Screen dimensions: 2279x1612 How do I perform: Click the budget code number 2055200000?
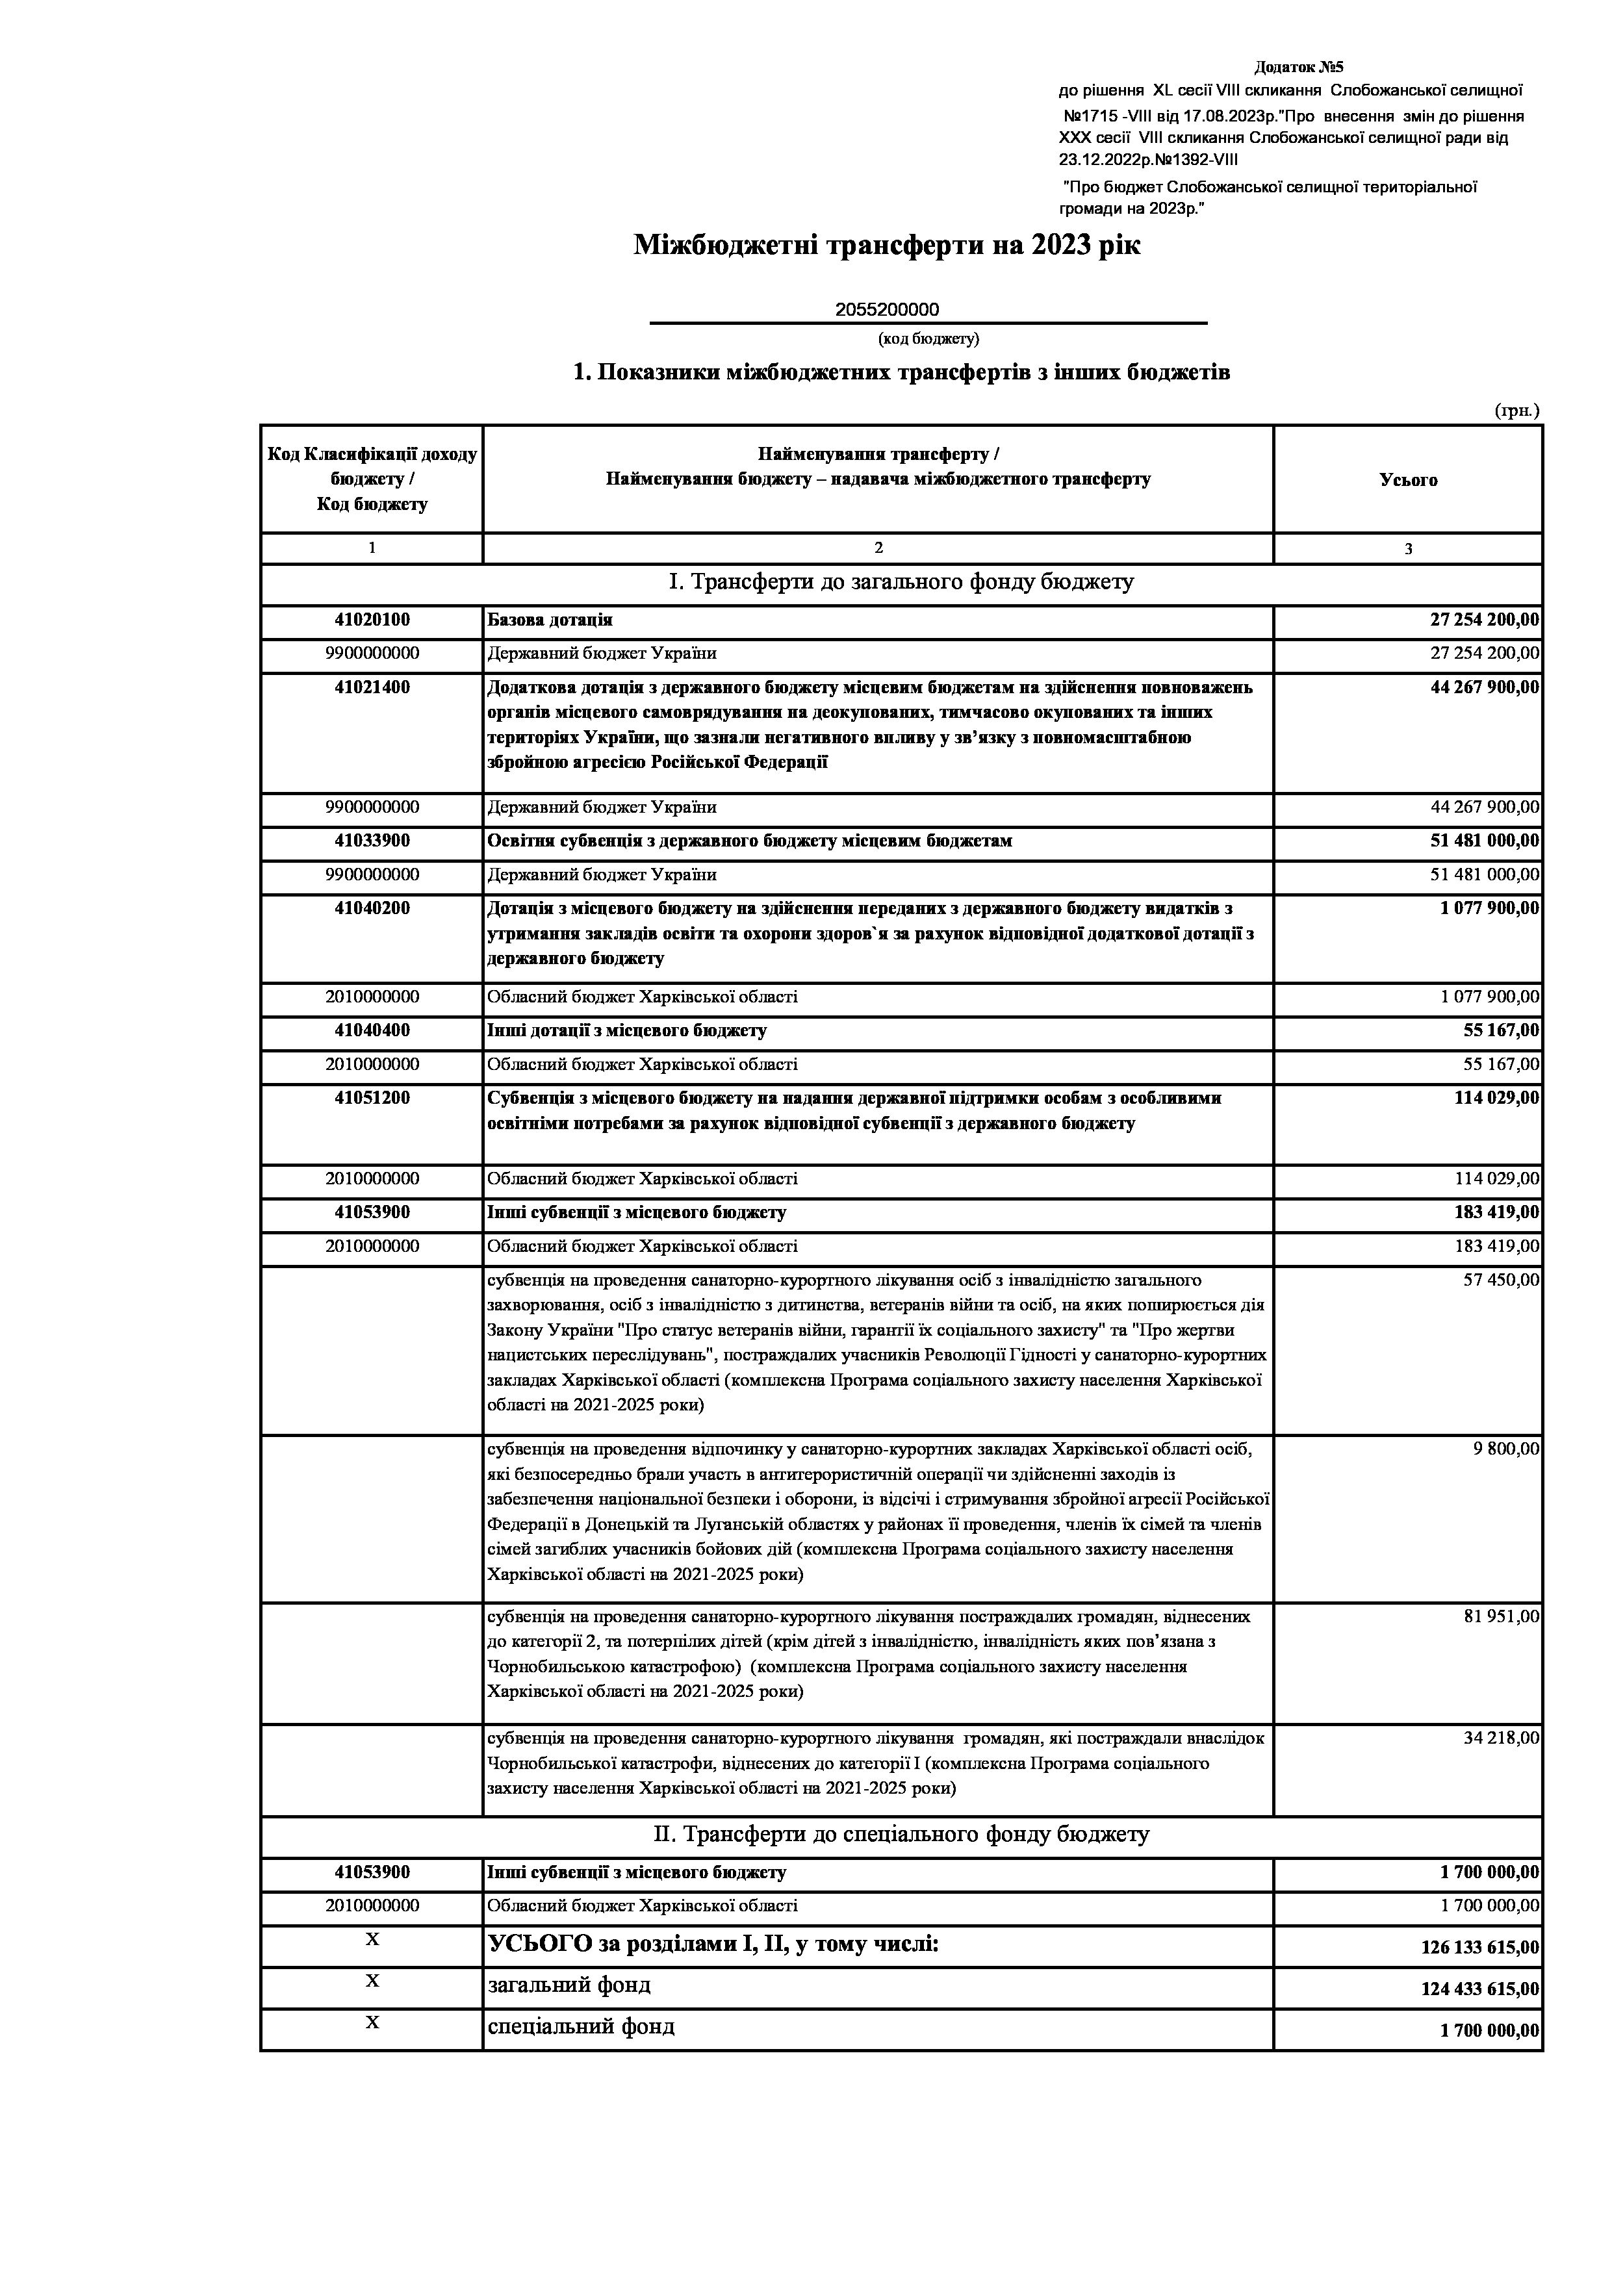click(886, 310)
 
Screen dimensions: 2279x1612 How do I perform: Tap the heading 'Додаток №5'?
click(1298, 68)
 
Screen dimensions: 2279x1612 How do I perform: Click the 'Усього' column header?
click(1407, 480)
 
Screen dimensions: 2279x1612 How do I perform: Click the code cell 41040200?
click(372, 908)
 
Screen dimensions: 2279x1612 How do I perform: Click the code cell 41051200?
click(372, 1099)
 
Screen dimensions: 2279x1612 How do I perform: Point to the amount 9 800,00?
click(1506, 1450)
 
